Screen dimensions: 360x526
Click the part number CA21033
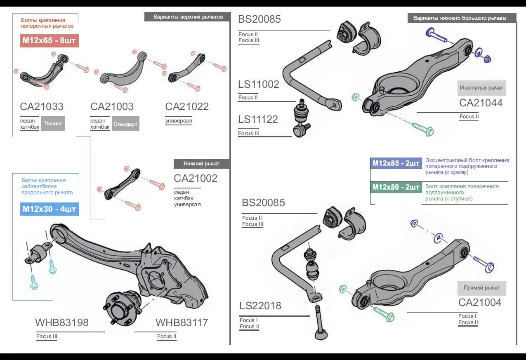(42, 106)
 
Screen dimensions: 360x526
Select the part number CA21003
(112, 106)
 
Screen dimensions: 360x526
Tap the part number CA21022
(187, 106)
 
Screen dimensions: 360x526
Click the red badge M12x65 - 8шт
(49, 41)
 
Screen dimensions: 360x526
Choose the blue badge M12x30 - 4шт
(49, 209)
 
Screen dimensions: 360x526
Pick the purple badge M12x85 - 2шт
(396, 163)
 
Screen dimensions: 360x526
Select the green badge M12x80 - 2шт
(396, 187)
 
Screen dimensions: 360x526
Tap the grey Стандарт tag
(125, 124)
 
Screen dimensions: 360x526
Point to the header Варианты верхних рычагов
(188, 17)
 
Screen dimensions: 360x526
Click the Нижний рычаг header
(201, 164)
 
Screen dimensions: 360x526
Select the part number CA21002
(196, 179)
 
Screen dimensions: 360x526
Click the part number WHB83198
(62, 322)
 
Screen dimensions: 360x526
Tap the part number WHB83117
(182, 322)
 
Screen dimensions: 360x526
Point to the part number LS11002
(259, 85)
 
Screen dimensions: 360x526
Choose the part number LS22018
(260, 306)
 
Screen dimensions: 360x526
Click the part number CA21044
(481, 103)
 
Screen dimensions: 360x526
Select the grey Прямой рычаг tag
(481, 288)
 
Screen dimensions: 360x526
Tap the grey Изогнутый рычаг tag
(481, 88)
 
